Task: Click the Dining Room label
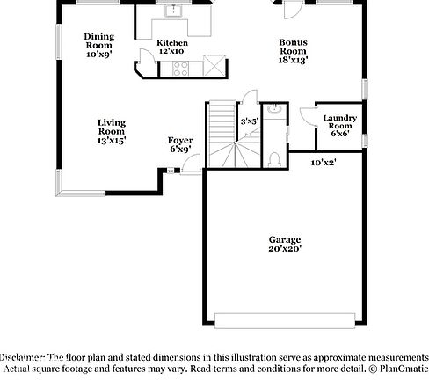pos(98,45)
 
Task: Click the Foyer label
pos(180,144)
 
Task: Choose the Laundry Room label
pos(338,125)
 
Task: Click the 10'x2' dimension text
pos(324,162)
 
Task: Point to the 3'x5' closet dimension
pos(249,121)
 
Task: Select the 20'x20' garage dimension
pos(285,250)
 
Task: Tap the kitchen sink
pos(173,12)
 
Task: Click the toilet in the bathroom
pos(274,158)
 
